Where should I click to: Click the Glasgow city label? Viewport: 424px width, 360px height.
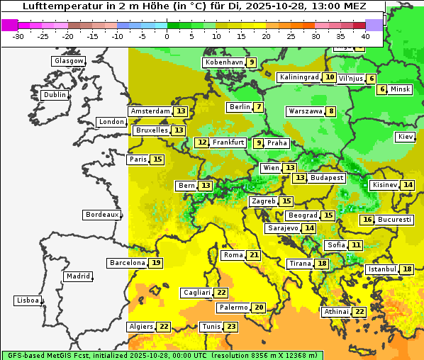pos(69,61)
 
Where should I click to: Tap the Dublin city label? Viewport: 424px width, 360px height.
pos(55,95)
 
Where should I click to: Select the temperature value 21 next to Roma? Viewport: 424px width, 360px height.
pos(254,255)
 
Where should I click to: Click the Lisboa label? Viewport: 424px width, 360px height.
pos(27,300)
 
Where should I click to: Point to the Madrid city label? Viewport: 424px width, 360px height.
pos(78,276)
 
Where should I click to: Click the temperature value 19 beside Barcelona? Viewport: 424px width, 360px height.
pos(156,263)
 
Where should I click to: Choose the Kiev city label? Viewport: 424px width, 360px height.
pos(406,136)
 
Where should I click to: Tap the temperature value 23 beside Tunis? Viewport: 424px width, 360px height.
pos(231,327)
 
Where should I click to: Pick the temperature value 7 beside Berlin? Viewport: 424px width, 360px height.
pos(260,107)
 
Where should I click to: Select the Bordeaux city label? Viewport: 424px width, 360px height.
pos(101,214)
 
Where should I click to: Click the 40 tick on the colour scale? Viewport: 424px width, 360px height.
pos(365,36)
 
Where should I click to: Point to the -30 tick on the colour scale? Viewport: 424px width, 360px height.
pos(18,36)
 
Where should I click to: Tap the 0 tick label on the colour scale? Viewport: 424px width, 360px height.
pos(167,36)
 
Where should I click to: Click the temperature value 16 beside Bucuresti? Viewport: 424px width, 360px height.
pos(367,220)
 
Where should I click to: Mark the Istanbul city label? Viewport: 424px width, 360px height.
pos(383,270)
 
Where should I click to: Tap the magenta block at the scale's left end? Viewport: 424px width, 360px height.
pos(9,24)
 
